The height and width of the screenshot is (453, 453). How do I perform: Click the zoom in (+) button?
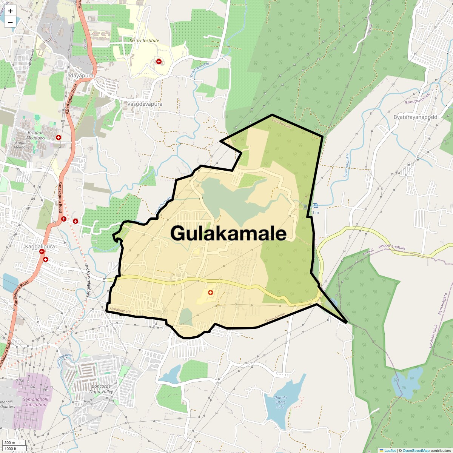pos(10,11)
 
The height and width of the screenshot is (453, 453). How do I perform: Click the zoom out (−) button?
pos(10,22)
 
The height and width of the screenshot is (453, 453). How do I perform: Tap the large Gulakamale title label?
pos(228,233)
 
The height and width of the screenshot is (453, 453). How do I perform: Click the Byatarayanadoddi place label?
pos(416,117)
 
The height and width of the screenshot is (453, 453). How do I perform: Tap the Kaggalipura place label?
pos(40,247)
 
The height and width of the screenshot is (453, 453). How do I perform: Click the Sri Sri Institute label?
pos(144,41)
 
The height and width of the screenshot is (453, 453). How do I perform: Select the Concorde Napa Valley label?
pos(101,389)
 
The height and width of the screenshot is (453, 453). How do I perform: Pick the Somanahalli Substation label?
pos(35,402)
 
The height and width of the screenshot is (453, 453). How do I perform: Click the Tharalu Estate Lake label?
pos(280,402)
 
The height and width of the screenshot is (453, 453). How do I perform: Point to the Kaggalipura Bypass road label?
pos(89,279)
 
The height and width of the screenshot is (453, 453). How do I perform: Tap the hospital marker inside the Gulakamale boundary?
pos(211,292)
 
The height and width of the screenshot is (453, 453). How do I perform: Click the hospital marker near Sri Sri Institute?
pos(159,61)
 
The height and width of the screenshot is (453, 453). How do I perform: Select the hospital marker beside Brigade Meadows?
pos(59,137)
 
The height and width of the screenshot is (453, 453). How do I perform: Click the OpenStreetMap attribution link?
pos(416,450)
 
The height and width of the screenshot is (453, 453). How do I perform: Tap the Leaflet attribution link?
pos(390,450)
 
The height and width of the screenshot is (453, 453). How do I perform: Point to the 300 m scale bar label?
pos(10,443)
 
